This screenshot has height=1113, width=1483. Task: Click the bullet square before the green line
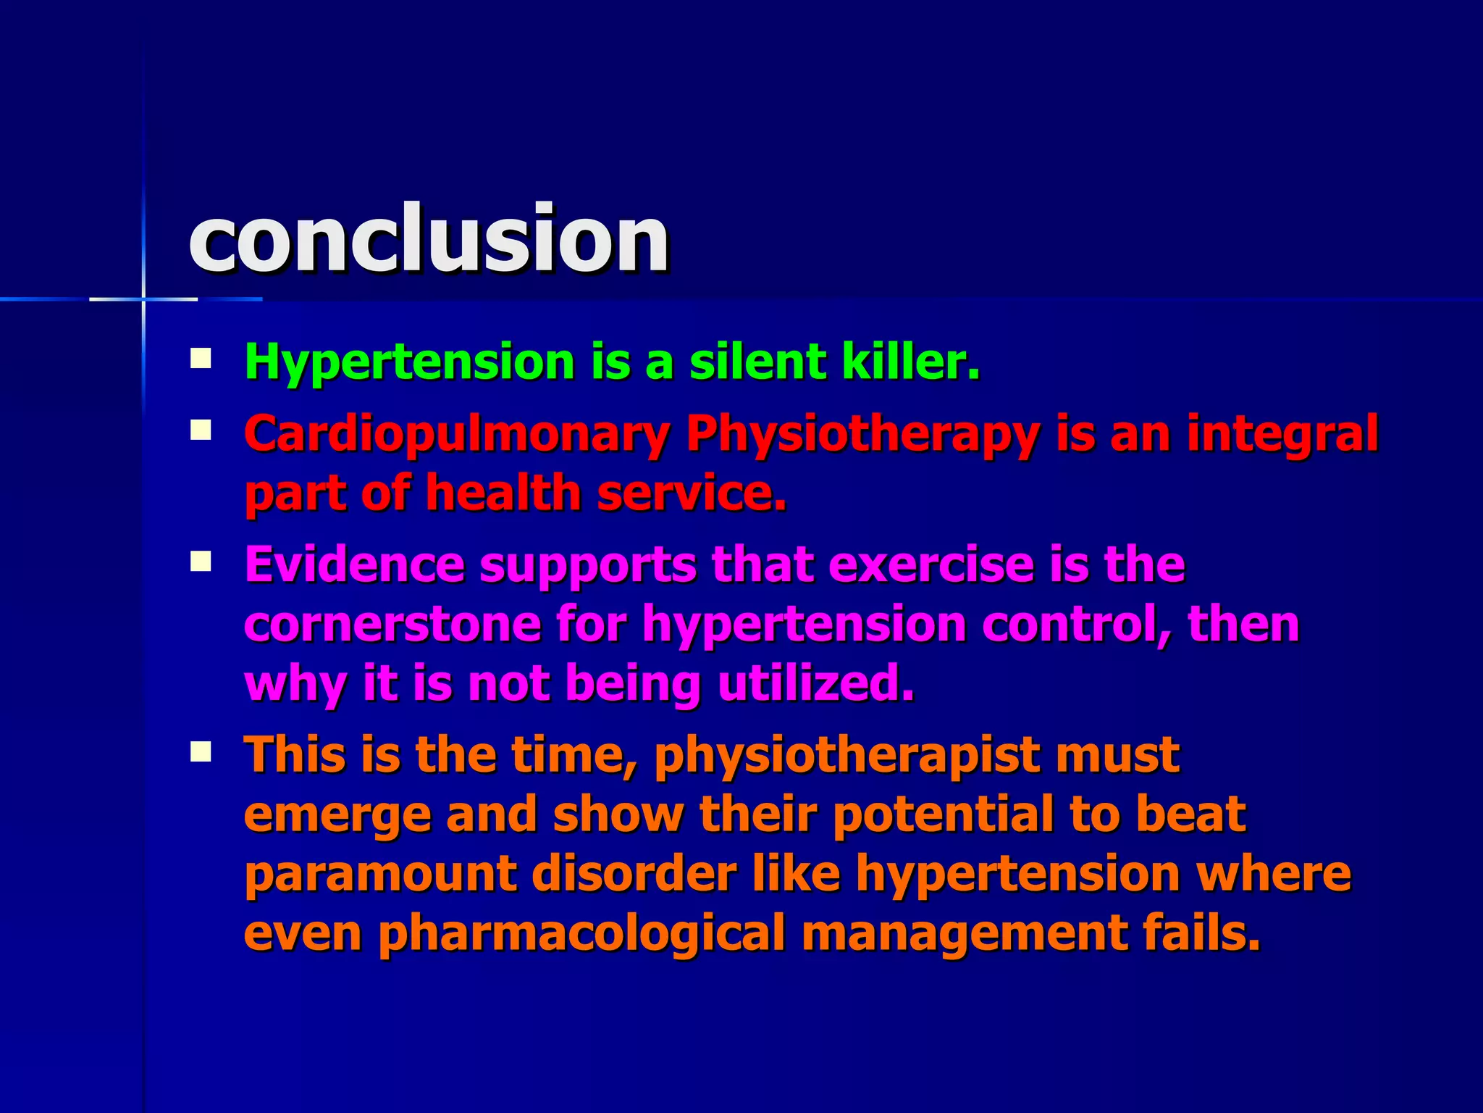tap(201, 359)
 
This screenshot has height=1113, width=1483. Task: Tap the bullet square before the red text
tap(201, 431)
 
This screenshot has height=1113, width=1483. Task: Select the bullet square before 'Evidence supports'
tap(201, 562)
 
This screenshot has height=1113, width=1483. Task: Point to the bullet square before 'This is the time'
tap(201, 751)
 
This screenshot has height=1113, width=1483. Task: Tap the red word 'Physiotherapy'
tap(862, 435)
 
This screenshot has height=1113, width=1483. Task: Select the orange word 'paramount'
tap(380, 875)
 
